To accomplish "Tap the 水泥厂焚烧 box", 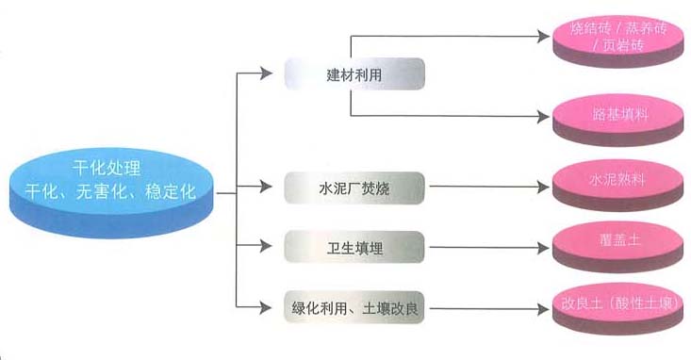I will pyautogui.click(x=354, y=188).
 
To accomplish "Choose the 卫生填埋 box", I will pyautogui.click(x=354, y=248).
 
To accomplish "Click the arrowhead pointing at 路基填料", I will pyautogui.click(x=544, y=117).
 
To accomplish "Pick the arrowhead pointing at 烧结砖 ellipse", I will pyautogui.click(x=544, y=37).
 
